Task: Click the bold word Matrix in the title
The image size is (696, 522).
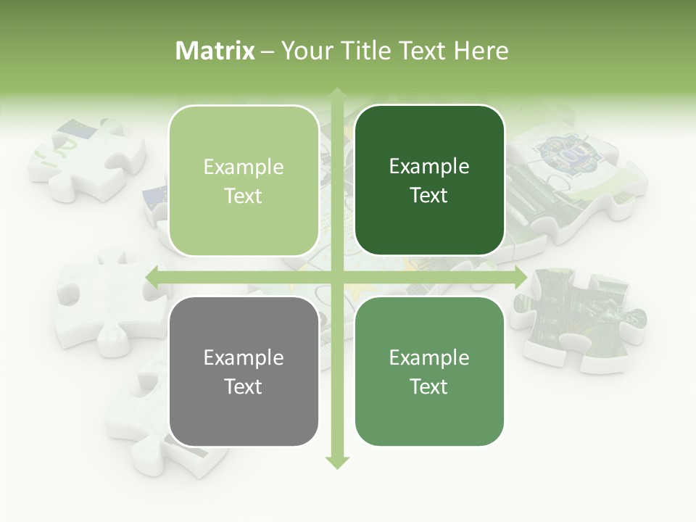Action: tap(215, 51)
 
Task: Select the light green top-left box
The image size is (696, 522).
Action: tap(244, 181)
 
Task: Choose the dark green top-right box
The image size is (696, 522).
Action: tap(429, 181)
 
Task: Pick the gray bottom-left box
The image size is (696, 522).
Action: tap(244, 371)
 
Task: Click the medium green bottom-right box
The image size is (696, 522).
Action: tap(429, 371)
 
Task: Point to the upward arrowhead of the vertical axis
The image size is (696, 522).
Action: tap(337, 94)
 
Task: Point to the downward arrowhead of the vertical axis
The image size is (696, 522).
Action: tap(337, 463)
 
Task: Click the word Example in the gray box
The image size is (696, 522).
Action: tap(244, 357)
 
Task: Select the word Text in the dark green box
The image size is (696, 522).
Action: tap(429, 195)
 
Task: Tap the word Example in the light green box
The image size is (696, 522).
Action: tap(244, 167)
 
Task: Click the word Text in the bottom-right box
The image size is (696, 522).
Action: tap(429, 386)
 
